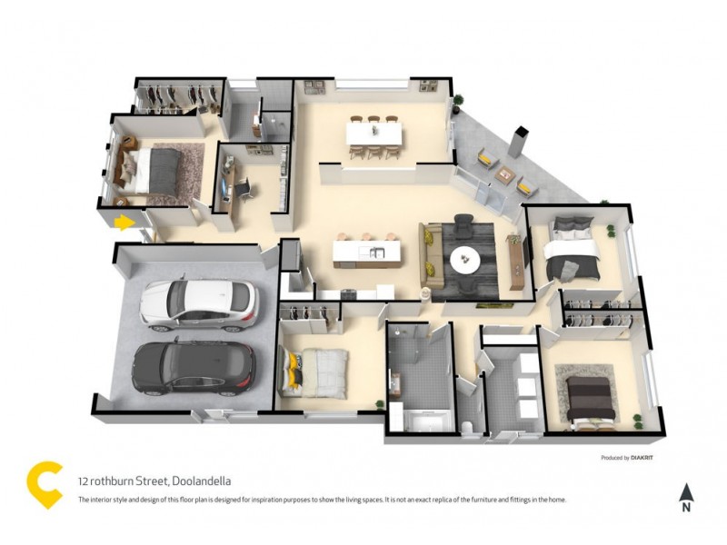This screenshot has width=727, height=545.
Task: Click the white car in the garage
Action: pos(198,304)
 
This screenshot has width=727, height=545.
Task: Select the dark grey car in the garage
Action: pos(194,368)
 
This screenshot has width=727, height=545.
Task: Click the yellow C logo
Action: pos(43,484)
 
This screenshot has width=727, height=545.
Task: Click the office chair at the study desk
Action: pos(246,188)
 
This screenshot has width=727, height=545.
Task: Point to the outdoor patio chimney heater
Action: pos(519,144)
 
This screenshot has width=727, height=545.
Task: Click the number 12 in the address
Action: pos(84,481)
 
